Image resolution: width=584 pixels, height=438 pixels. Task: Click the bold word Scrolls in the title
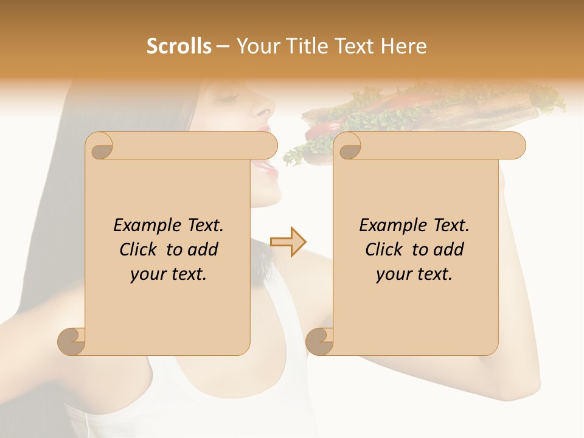[x=179, y=46]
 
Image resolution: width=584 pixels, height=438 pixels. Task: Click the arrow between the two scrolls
[x=288, y=242]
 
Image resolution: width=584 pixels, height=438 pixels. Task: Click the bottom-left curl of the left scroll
[x=72, y=341]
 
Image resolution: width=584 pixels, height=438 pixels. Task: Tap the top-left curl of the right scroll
[x=349, y=147]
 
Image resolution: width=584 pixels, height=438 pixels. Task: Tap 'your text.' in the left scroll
[x=169, y=274]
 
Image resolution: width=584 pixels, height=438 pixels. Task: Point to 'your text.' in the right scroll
[x=414, y=274]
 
